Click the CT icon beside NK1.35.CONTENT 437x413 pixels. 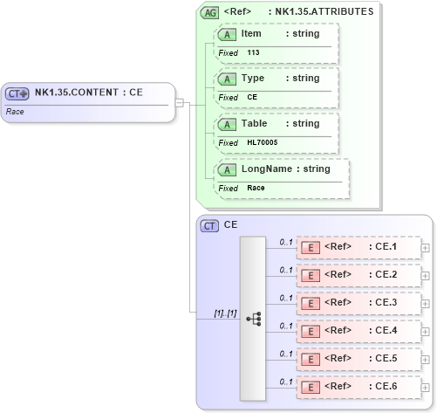(17, 93)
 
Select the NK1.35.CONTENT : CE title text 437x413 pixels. (88, 93)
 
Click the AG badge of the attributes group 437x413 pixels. (209, 12)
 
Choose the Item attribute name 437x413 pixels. (251, 34)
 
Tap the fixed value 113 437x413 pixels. (253, 52)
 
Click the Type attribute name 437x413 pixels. (252, 79)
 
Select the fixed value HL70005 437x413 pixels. (262, 142)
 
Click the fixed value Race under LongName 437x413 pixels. (256, 188)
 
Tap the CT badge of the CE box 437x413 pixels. (209, 225)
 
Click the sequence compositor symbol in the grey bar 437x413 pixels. (253, 319)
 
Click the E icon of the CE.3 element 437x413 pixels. (309, 303)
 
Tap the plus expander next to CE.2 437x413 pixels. (426, 275)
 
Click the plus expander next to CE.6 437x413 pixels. (426, 387)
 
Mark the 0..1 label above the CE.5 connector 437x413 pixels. (285, 353)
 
